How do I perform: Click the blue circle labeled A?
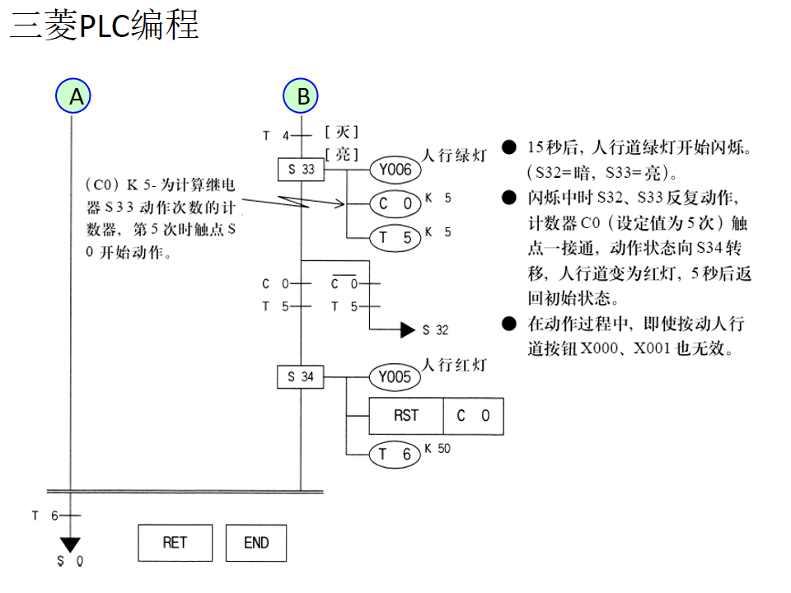click(73, 96)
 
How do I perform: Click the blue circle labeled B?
click(302, 96)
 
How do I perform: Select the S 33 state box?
click(301, 170)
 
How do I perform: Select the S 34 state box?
click(301, 377)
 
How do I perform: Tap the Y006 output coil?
click(395, 170)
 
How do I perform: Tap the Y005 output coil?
click(395, 378)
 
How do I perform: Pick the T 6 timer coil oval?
click(395, 454)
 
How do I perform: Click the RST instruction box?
click(406, 416)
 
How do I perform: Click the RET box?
click(175, 543)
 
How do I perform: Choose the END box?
click(256, 543)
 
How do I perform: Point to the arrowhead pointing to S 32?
click(408, 329)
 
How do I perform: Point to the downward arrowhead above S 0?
click(71, 544)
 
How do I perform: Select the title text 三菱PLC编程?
click(104, 26)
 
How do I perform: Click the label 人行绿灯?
click(454, 156)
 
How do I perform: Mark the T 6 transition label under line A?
click(45, 516)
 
